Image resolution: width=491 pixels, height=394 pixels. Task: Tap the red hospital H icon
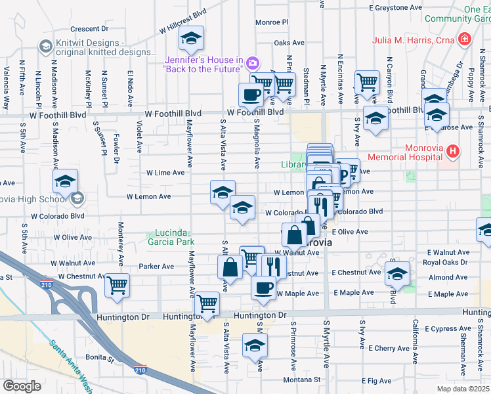[452, 152]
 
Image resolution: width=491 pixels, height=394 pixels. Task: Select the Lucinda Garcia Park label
[173, 236]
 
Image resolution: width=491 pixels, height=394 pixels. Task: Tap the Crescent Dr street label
[89, 29]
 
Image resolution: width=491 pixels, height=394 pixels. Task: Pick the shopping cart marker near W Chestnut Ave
[117, 285]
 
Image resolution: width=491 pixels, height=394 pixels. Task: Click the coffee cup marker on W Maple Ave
[264, 287]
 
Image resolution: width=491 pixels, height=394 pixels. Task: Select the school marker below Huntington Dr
[255, 345]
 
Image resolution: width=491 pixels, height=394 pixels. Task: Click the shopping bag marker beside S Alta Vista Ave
[230, 267]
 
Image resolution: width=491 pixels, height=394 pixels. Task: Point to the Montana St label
[302, 380]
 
